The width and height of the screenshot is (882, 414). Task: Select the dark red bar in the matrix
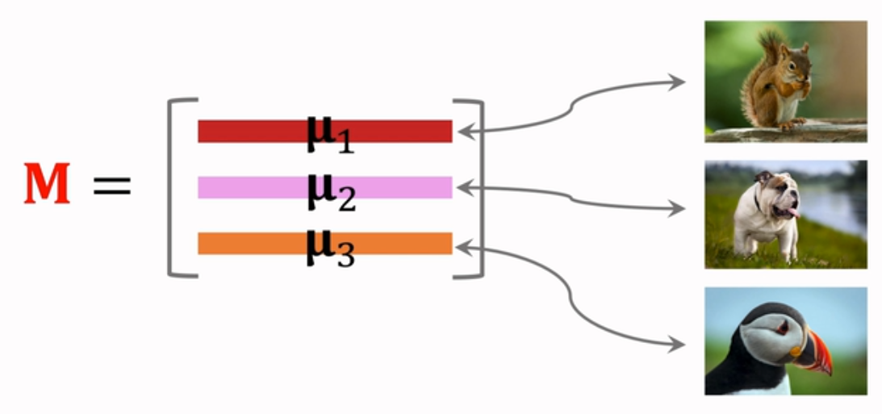[242, 131]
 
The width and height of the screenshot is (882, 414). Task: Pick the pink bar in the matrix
[242, 187]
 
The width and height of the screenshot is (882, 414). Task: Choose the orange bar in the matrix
[242, 243]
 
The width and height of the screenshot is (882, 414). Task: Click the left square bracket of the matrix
[173, 187]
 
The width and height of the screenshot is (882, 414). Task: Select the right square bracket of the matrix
[478, 187]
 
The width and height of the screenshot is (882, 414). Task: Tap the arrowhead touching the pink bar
[462, 187]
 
